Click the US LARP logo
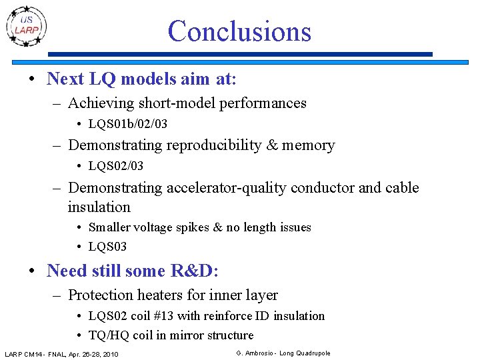pyautogui.click(x=27, y=25)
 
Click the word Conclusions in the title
pyautogui.click(x=239, y=31)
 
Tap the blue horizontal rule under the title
pyautogui.click(x=241, y=54)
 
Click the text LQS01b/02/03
pyautogui.click(x=128, y=125)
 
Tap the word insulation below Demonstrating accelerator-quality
pyautogui.click(x=99, y=207)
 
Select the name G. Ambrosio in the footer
pyautogui.click(x=255, y=353)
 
